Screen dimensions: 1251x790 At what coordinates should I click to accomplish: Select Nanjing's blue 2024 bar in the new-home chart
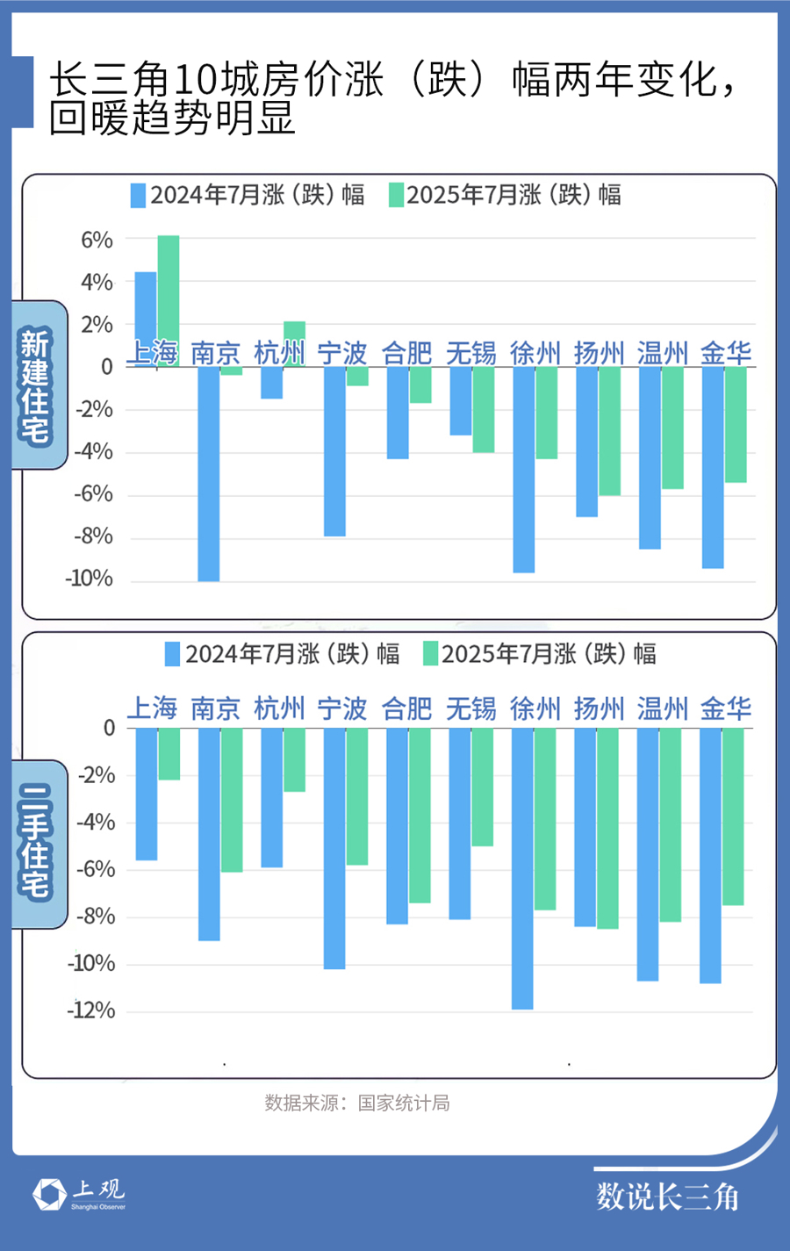click(208, 474)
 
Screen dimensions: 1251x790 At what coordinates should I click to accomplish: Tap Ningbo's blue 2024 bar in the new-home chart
click(334, 451)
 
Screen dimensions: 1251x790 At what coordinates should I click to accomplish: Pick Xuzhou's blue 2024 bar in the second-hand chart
click(522, 869)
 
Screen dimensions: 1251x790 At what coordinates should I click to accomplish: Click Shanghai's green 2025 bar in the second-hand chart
click(169, 754)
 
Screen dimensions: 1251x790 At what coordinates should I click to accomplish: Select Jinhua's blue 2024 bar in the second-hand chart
click(710, 856)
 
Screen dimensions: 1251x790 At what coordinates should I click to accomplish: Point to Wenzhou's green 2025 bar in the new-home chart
click(672, 428)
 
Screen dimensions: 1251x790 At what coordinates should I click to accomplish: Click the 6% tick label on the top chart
click(97, 240)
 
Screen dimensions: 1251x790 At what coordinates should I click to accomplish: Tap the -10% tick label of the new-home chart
click(89, 579)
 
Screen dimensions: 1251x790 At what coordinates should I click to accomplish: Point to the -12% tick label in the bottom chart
click(91, 1010)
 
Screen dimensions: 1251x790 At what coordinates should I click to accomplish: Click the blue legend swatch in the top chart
click(138, 195)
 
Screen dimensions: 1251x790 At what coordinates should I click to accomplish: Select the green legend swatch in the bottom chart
click(430, 654)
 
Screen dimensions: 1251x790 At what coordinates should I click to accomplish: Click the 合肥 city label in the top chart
click(406, 353)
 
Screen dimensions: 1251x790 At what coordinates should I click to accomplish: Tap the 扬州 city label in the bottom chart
click(599, 708)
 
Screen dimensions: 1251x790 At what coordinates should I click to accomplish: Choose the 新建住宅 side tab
click(37, 385)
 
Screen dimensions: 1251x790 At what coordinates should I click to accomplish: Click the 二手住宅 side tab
click(37, 843)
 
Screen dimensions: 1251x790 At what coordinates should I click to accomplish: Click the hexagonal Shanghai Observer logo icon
click(49, 1194)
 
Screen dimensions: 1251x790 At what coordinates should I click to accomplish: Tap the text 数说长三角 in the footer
click(667, 1197)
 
